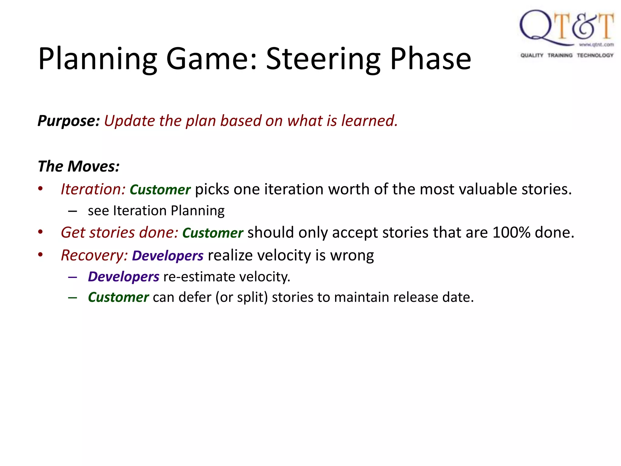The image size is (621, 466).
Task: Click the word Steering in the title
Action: click(323, 59)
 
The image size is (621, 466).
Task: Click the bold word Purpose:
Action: click(69, 121)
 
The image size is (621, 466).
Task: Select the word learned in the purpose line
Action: click(369, 121)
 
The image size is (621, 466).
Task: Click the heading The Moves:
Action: click(79, 166)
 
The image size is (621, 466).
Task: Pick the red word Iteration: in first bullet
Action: click(93, 189)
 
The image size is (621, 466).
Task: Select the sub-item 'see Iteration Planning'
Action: click(156, 211)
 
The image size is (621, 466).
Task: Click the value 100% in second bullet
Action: click(511, 233)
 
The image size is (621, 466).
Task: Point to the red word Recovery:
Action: click(94, 255)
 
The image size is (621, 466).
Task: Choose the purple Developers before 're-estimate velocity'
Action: click(123, 277)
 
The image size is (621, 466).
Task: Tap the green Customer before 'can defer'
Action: click(118, 297)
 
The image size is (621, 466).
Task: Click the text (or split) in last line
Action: click(242, 297)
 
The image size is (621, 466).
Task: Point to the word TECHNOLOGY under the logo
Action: click(595, 55)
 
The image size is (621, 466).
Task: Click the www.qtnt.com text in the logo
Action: click(596, 45)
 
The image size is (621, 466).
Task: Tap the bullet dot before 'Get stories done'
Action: click(40, 232)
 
